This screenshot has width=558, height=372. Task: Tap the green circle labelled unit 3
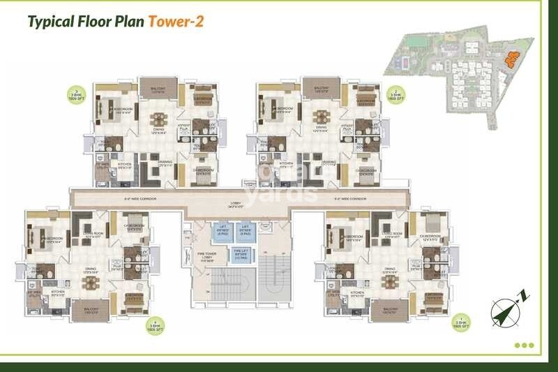pos(74,94)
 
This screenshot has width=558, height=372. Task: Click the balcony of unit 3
pos(153,87)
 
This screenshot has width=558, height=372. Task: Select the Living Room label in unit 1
pos(393,235)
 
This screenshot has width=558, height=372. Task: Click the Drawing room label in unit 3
pos(165,162)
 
